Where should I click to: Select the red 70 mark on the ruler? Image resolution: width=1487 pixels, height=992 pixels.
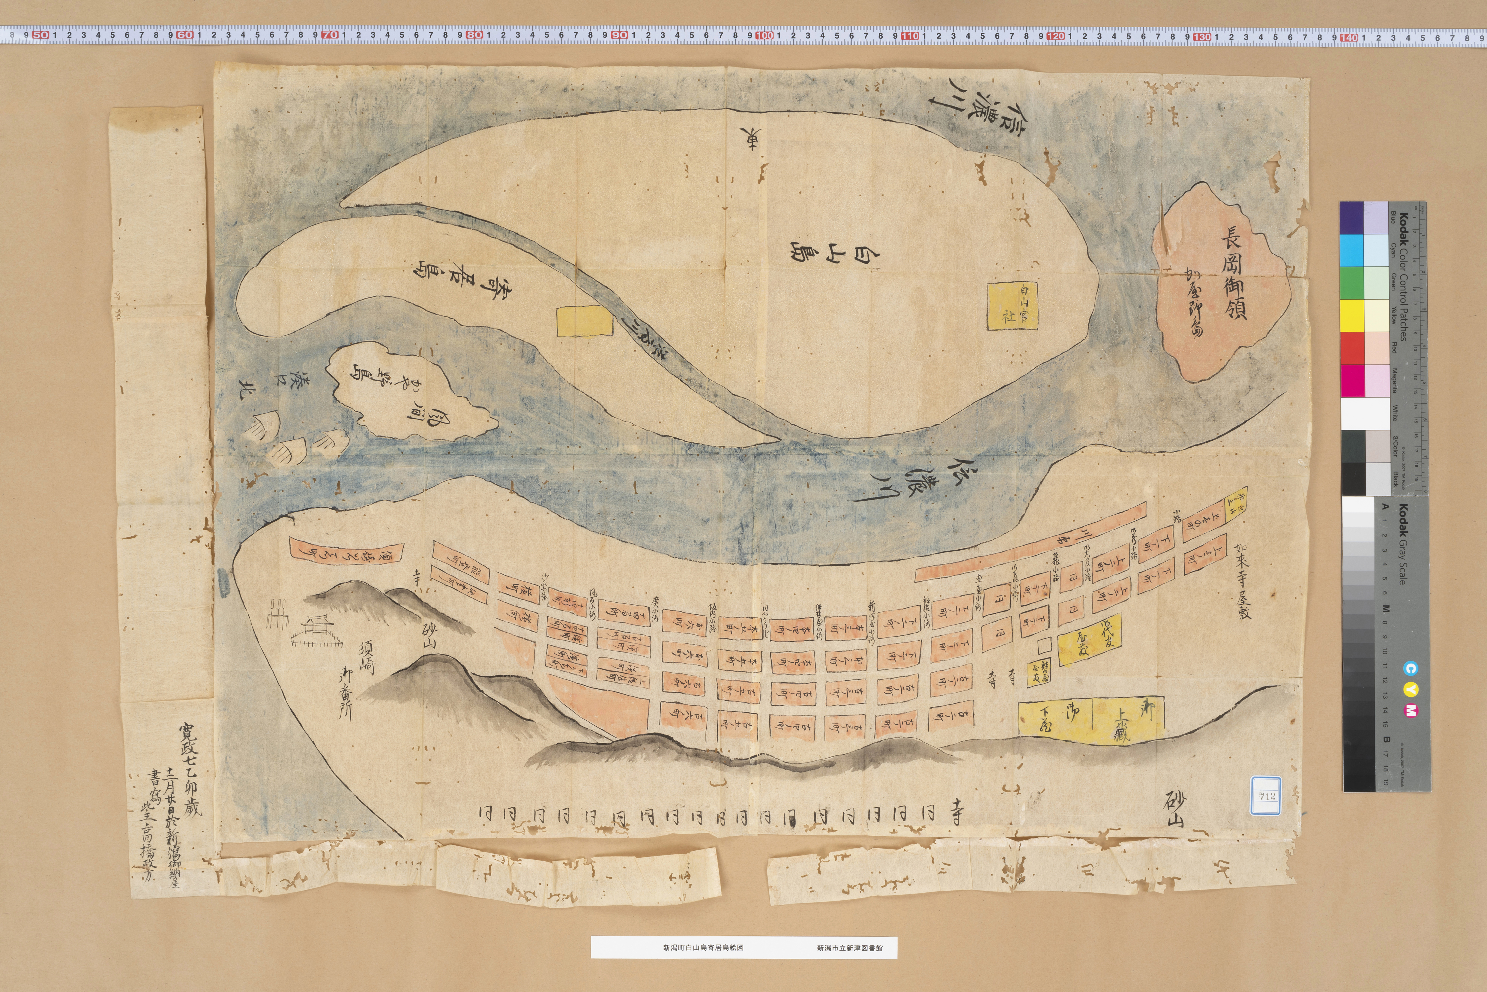[330, 35]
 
